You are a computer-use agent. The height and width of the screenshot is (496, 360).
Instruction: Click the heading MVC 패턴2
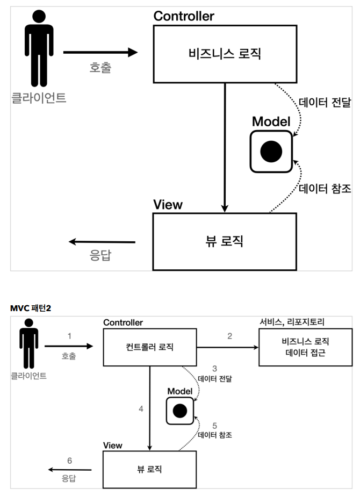tap(31, 308)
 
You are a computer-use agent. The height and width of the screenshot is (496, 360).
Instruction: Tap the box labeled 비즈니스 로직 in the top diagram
tap(225, 54)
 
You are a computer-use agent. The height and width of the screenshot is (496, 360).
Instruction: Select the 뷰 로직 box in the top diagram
tap(225, 242)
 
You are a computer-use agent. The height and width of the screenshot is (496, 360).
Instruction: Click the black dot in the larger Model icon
tap(271, 152)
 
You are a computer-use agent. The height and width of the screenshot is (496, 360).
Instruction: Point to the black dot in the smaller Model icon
tap(180, 411)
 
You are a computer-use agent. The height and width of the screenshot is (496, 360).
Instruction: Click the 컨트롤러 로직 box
tap(150, 347)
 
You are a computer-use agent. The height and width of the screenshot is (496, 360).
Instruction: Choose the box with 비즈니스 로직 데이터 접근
tap(306, 347)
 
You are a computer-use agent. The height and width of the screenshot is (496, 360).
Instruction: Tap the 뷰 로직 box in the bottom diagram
tap(149, 470)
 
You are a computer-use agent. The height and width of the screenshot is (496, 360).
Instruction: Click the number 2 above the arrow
tap(229, 336)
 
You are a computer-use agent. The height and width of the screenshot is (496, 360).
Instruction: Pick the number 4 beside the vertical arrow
tap(141, 409)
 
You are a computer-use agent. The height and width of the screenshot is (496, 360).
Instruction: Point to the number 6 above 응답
tap(70, 461)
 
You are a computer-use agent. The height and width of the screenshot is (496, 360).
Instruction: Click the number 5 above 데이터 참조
tap(214, 426)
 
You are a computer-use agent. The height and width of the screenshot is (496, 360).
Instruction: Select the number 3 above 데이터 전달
tap(214, 369)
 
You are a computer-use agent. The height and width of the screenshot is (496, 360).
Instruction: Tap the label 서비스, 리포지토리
tap(292, 322)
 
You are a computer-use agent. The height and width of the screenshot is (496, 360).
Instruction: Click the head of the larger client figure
tap(39, 17)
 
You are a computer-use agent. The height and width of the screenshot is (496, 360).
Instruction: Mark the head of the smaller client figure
tap(29, 322)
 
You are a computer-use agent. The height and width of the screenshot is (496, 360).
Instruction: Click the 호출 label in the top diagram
tap(100, 67)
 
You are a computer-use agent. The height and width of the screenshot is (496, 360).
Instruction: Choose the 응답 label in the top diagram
tap(100, 255)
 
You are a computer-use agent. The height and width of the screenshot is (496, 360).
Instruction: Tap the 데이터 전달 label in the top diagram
tap(325, 102)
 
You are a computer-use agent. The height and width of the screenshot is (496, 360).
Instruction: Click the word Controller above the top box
tap(184, 16)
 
